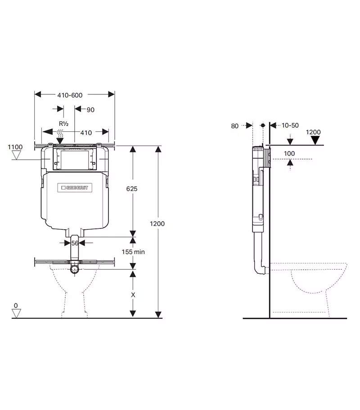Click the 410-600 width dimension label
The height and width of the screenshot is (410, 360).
click(70, 95)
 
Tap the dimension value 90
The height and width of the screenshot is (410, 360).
click(90, 110)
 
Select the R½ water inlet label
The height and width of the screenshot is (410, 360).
click(63, 124)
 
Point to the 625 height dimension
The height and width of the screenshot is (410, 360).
click(132, 189)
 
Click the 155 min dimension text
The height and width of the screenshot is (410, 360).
click(133, 252)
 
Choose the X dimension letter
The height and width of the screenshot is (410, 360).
click(133, 295)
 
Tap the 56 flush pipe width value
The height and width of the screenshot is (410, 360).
click(75, 243)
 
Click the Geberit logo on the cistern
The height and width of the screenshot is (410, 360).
click(75, 187)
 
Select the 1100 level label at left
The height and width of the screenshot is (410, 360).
click(15, 147)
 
